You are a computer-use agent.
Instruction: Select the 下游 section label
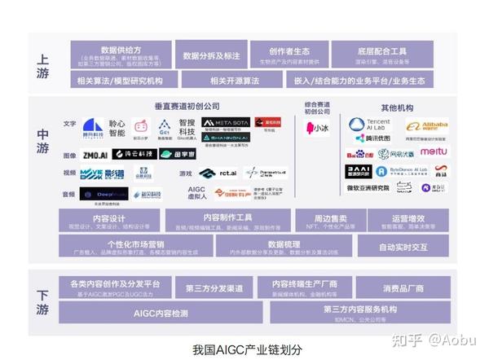pos(43,302)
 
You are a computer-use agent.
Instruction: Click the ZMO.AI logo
pos(95,154)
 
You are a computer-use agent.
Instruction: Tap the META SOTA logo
pos(225,122)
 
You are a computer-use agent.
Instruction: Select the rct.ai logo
pos(218,173)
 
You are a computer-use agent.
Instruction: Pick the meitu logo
pos(433,152)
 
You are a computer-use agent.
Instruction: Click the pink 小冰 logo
pos(315,128)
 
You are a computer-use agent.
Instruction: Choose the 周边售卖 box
pos(331,222)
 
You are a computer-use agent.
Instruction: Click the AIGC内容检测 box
pos(162,313)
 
